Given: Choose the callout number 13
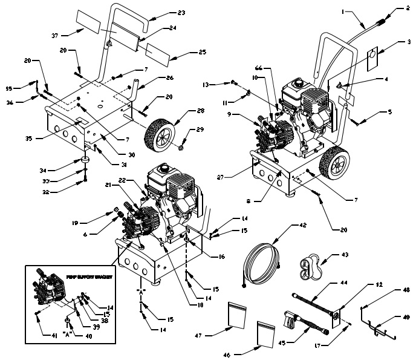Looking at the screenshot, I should pos(206,85).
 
